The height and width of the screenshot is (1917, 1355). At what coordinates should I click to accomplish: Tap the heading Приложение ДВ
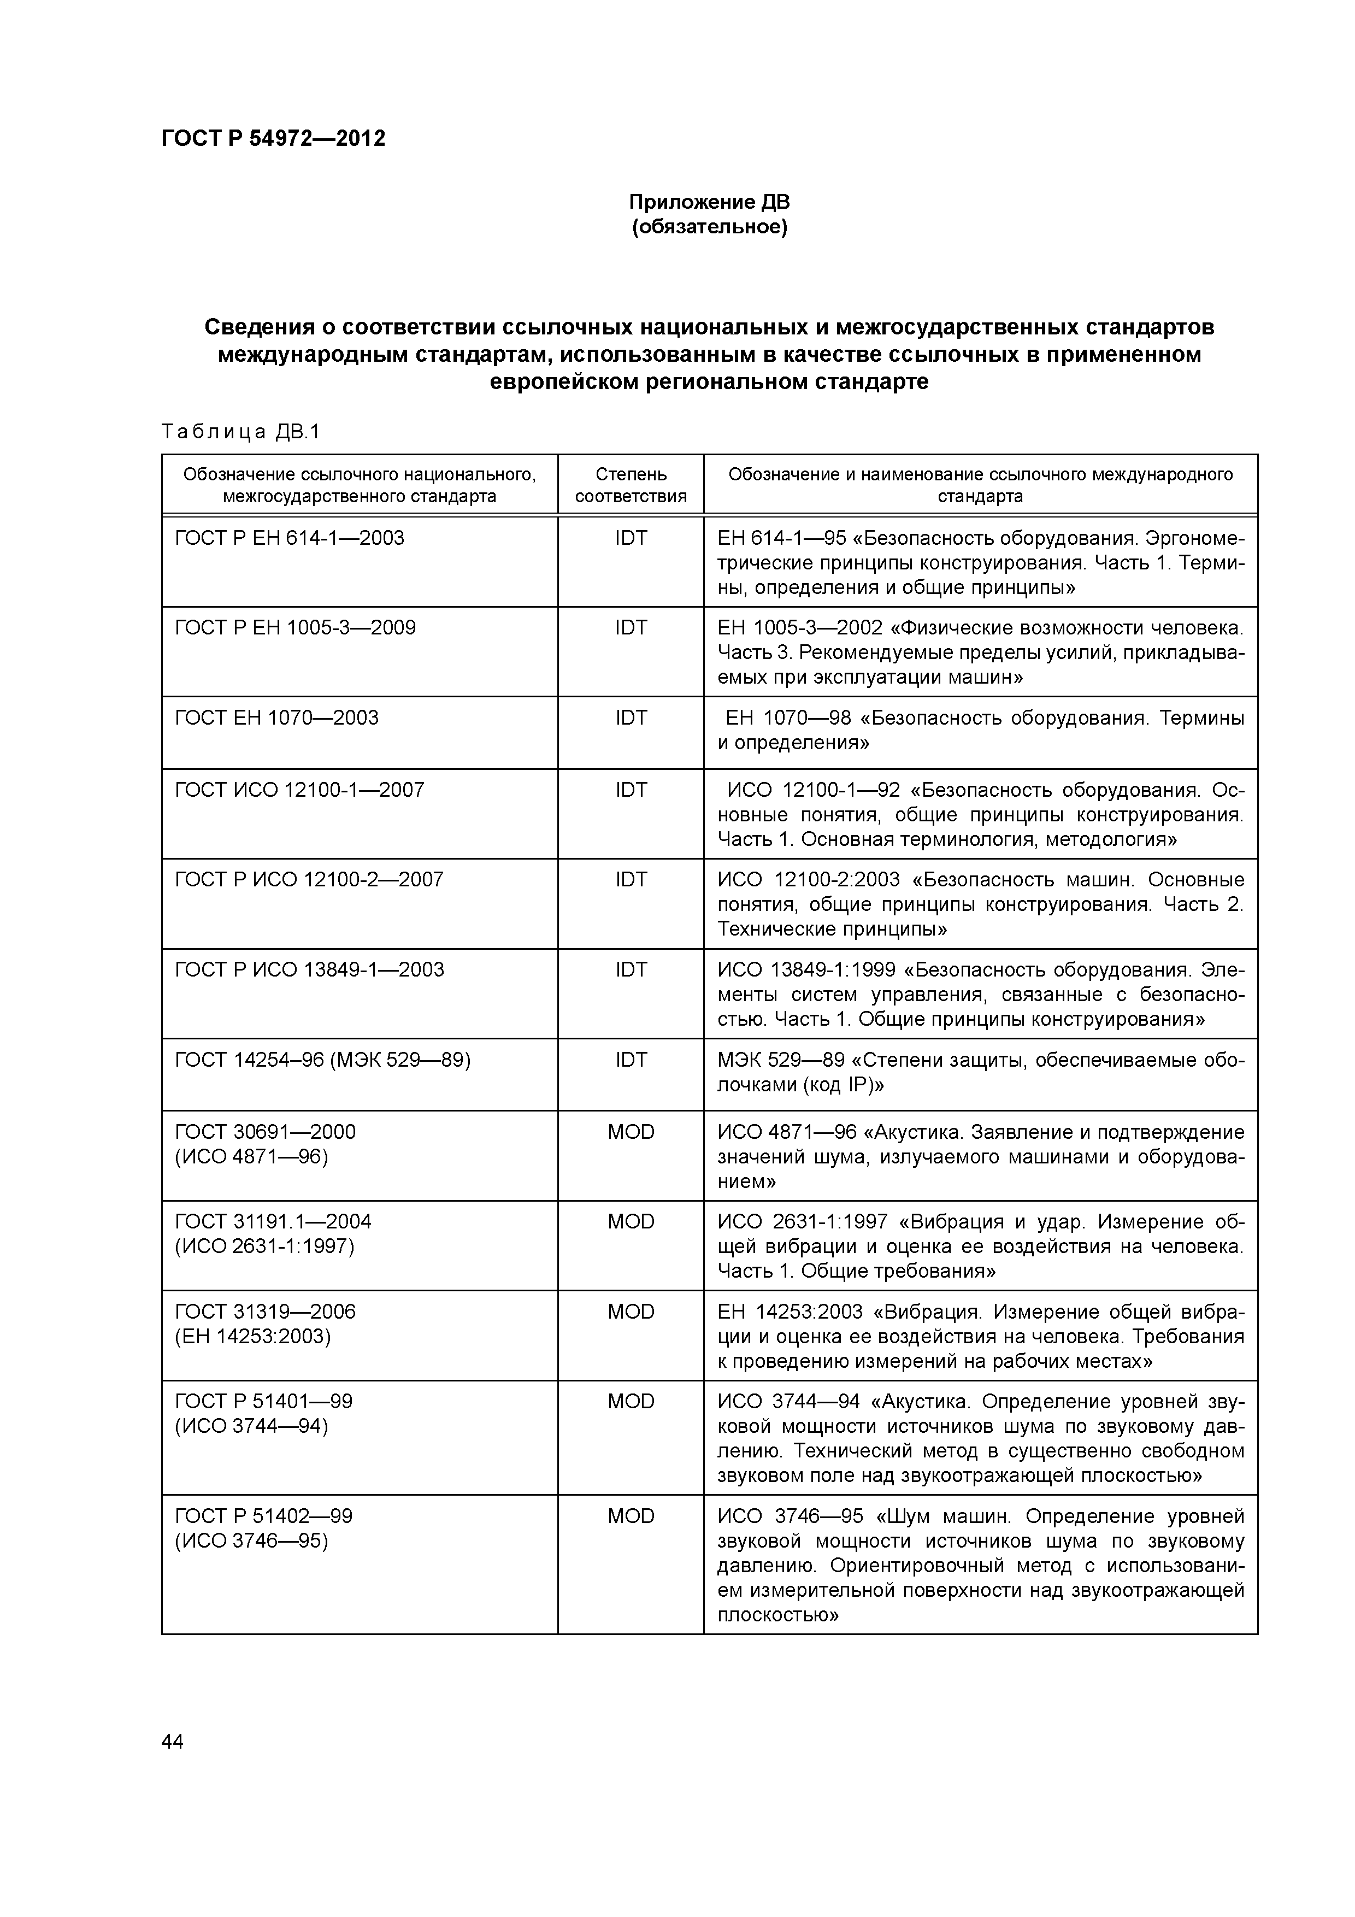click(x=709, y=202)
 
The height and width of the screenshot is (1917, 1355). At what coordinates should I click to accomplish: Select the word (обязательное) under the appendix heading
click(x=709, y=227)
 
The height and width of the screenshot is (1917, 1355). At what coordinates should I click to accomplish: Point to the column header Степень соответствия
click(x=631, y=485)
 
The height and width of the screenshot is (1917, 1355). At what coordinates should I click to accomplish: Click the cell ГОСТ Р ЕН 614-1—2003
click(x=289, y=538)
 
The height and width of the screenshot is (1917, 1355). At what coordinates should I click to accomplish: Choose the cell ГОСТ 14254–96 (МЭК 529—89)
click(x=322, y=1060)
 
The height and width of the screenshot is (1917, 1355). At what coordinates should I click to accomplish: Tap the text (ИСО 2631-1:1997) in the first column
click(x=264, y=1246)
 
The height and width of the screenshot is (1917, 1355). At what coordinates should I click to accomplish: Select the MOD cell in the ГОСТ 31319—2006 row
click(x=631, y=1312)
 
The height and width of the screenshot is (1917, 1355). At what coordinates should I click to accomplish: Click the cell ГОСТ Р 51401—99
click(x=264, y=1401)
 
